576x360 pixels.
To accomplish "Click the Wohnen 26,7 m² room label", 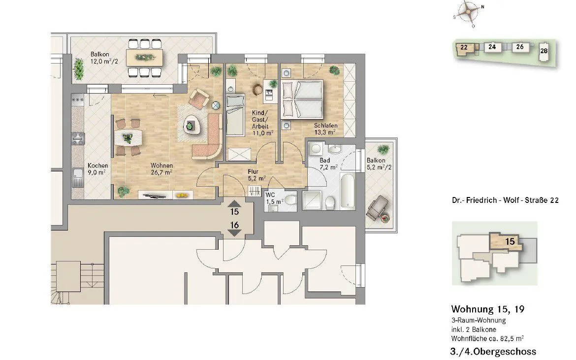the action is click(161, 168).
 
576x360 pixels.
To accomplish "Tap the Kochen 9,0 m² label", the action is click(97, 169).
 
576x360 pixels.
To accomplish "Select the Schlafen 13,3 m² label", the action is click(325, 129).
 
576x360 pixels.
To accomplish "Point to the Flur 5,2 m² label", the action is click(256, 175).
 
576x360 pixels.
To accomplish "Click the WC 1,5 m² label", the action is click(274, 198).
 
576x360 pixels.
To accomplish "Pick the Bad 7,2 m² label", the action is click(328, 164).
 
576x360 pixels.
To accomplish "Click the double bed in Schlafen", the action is click(302, 99).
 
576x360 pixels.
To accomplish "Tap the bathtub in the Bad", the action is click(348, 191).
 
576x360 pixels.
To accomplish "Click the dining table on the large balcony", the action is click(144, 58).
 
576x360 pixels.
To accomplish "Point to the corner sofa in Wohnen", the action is click(208, 136).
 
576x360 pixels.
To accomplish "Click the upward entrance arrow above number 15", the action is click(234, 203).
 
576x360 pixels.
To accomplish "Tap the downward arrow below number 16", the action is click(234, 233).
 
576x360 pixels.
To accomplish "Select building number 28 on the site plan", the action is click(544, 51).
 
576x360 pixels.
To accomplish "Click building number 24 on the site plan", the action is click(492, 47).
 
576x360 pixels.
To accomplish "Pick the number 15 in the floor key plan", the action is click(510, 241).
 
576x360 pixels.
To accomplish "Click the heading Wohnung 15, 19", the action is click(487, 309).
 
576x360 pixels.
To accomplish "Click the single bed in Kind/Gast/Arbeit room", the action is click(235, 115).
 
